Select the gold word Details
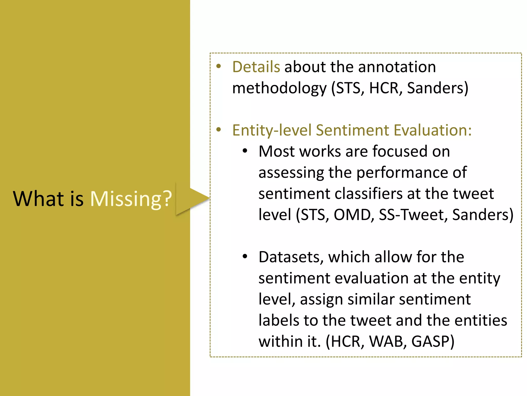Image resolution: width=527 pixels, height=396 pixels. tap(256, 67)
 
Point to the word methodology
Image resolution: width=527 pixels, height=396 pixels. tap(279, 88)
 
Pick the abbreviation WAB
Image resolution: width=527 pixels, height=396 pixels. tap(388, 341)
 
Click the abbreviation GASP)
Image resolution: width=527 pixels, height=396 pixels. tap(433, 341)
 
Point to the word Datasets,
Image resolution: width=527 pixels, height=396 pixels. tap(291, 257)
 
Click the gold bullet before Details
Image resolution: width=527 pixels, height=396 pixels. tap(219, 66)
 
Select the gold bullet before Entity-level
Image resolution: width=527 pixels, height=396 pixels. tap(219, 129)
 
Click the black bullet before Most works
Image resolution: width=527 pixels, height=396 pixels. tap(245, 151)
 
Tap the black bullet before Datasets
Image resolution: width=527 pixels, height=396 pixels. tap(245, 257)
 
